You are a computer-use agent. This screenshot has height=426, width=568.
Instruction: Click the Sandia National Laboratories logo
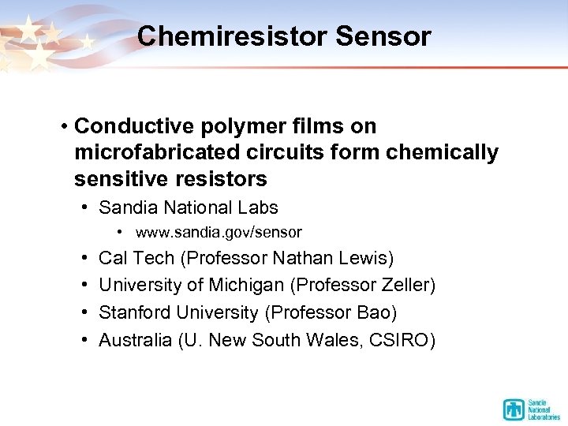coord(531,409)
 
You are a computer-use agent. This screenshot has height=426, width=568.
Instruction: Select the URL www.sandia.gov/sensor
coord(219,233)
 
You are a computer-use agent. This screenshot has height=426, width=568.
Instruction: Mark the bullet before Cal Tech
coord(84,258)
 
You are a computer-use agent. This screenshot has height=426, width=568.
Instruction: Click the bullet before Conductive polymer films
coord(62,126)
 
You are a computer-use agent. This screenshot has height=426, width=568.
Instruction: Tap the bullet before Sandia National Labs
coord(84,208)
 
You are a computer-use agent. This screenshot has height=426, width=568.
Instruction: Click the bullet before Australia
coord(84,340)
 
